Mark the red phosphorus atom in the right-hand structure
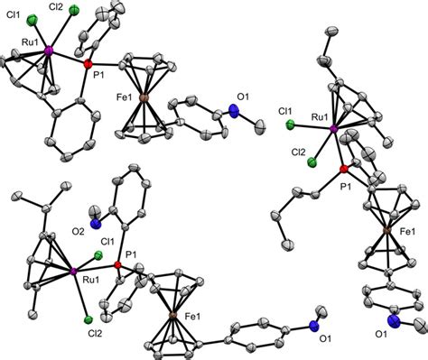click(x=343, y=169)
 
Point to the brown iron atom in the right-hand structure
click(x=385, y=232)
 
